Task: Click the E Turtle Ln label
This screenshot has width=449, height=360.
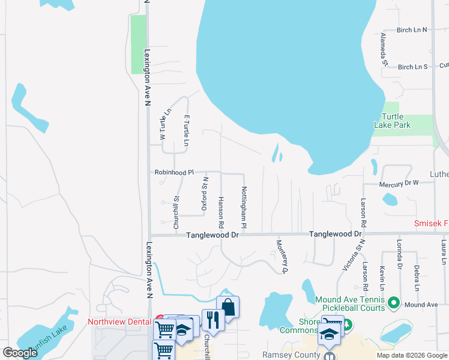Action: (187, 131)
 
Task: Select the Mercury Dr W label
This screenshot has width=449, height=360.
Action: (399, 184)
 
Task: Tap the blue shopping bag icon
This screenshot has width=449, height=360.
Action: (228, 307)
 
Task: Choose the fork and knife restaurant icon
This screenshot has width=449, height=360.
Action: (213, 319)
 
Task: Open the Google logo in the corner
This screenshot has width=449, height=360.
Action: (20, 353)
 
